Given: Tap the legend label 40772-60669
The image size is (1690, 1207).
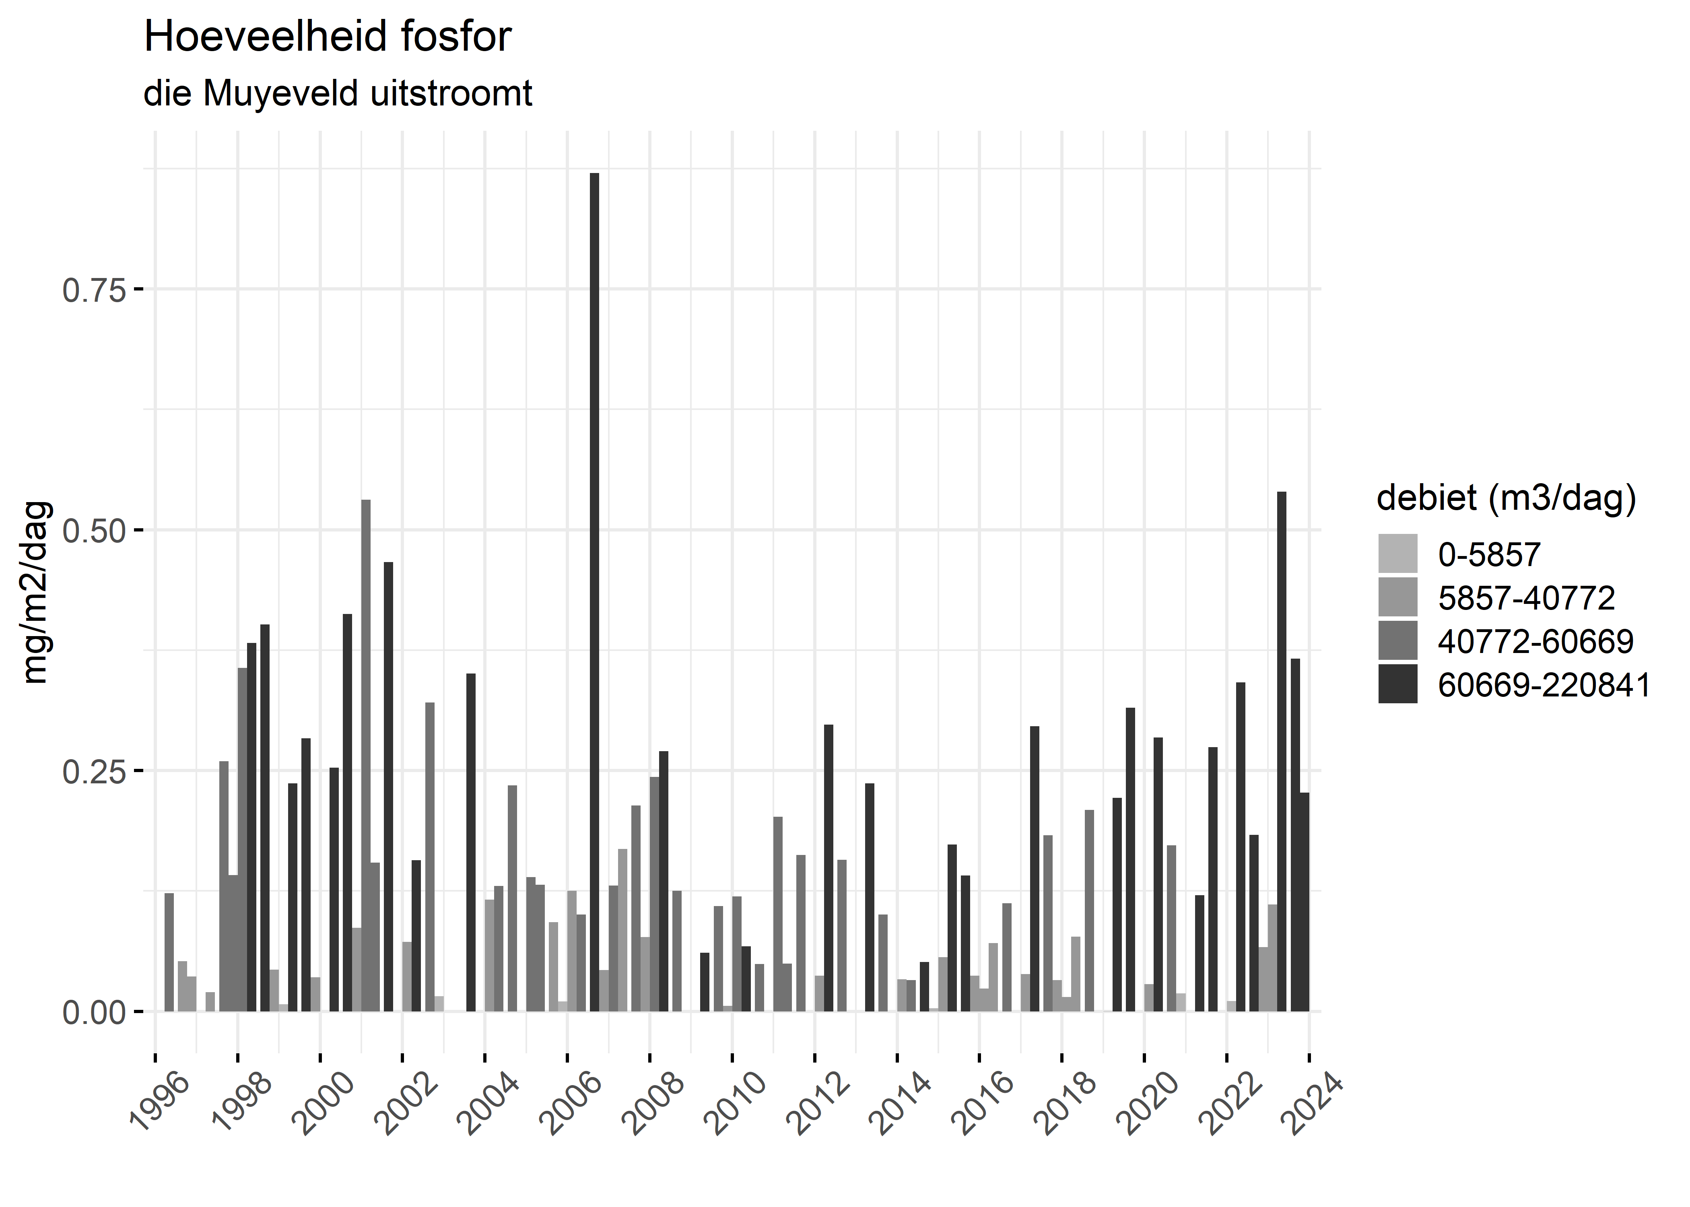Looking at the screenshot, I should [x=1535, y=641].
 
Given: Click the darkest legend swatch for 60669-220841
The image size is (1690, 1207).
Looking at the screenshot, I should [x=1397, y=684].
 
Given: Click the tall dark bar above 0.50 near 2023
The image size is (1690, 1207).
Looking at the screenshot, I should [x=1281, y=751].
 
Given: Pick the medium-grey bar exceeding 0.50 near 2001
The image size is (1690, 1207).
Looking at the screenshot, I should [x=366, y=754].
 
